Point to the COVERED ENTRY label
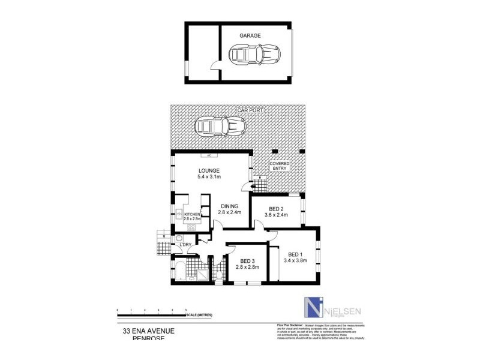[x=280, y=166]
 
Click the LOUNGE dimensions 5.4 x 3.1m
[x=209, y=176]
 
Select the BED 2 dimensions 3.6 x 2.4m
[x=277, y=217]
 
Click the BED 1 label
[x=293, y=254]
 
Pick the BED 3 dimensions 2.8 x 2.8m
[x=247, y=268]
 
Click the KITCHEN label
[x=192, y=214]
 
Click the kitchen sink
[x=179, y=214]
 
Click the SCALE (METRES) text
[x=199, y=314]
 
